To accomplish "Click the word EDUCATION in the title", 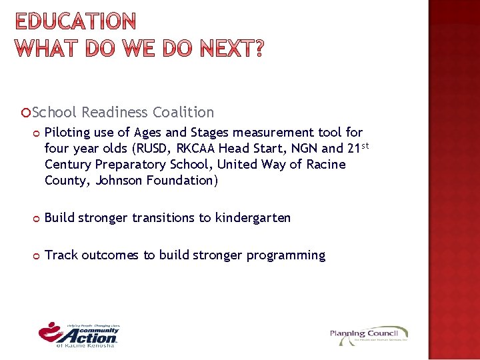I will [75, 23].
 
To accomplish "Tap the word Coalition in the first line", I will [183, 113].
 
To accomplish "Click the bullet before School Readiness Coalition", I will [26, 113].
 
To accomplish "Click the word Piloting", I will [69, 133].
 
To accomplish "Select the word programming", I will [286, 255].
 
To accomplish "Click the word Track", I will [61, 255].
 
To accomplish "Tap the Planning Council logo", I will [369, 335].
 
